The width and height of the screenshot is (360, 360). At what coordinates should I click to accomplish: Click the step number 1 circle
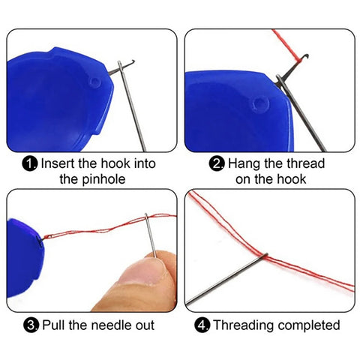pyautogui.click(x=30, y=164)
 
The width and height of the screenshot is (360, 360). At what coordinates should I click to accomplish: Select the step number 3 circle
pyautogui.click(x=31, y=325)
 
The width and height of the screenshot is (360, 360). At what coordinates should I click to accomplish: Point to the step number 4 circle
pyautogui.click(x=202, y=325)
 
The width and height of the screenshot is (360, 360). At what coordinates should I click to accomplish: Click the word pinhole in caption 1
pyautogui.click(x=103, y=180)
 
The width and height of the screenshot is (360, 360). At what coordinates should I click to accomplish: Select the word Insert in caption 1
pyautogui.click(x=58, y=163)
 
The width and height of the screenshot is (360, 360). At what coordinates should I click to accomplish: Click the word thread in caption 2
pyautogui.click(x=305, y=163)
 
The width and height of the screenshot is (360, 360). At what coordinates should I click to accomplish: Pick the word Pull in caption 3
pyautogui.click(x=54, y=325)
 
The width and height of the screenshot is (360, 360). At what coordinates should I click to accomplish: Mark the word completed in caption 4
pyautogui.click(x=309, y=325)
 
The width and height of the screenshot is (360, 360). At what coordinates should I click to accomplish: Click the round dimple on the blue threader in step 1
pyautogui.click(x=95, y=82)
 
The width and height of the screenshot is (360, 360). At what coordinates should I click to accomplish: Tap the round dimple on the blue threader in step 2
pyautogui.click(x=260, y=103)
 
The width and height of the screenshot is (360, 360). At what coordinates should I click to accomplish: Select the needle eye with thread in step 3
pyautogui.click(x=146, y=217)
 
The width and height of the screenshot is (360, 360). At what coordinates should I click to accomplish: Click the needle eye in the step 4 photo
pyautogui.click(x=264, y=256)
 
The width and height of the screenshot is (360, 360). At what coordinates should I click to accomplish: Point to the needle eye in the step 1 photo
pyautogui.click(x=120, y=65)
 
